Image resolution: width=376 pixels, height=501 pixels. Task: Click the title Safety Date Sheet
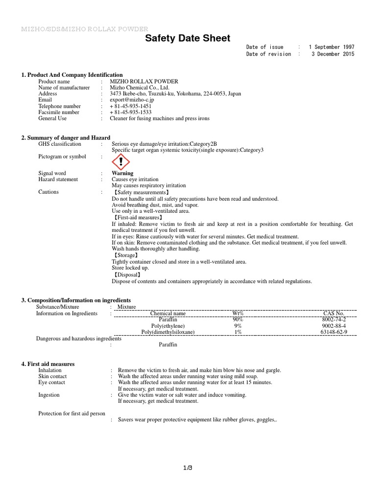point(188,39)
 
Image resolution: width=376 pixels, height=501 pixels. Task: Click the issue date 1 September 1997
point(331,47)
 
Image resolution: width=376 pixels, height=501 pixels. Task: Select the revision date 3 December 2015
point(333,54)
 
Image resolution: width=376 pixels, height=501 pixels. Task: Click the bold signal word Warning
point(122,173)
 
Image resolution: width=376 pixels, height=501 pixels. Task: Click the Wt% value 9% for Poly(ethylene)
point(238,325)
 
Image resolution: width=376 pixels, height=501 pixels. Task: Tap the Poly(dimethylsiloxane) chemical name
point(168,332)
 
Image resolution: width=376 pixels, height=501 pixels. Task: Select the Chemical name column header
point(168,313)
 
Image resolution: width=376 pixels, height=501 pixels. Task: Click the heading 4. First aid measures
point(48,364)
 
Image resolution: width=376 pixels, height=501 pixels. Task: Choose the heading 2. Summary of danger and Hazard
point(66,138)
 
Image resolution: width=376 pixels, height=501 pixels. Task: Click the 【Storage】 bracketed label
point(125,255)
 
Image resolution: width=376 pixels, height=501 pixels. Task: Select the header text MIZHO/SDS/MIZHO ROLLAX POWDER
point(84,29)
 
